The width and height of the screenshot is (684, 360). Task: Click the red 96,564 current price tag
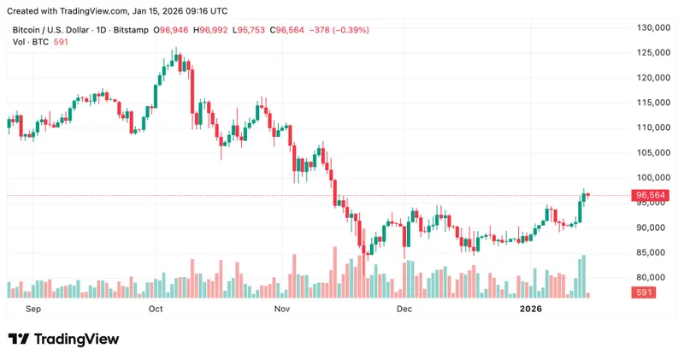(x=652, y=195)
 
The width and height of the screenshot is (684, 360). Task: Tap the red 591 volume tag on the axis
(x=643, y=293)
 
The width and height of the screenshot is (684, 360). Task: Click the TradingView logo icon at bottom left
(x=18, y=339)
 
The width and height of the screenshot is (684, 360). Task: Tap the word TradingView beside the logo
(x=75, y=339)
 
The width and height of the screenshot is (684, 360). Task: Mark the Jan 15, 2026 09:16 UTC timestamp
(x=182, y=11)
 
